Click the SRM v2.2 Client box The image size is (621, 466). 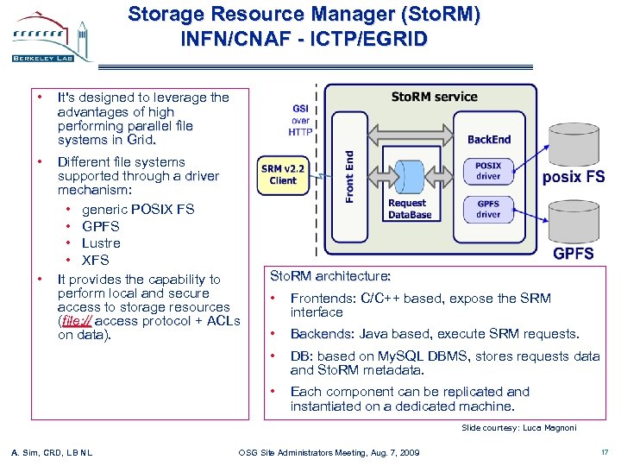click(x=282, y=174)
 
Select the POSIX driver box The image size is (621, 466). click(x=487, y=170)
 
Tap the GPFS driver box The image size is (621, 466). click(x=487, y=208)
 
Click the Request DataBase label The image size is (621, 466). click(x=409, y=209)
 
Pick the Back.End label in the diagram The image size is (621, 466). click(x=489, y=139)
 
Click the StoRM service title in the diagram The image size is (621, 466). click(x=434, y=97)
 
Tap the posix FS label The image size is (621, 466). click(x=574, y=177)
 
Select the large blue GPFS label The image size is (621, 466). click(x=574, y=254)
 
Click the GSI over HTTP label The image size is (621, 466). click(x=300, y=120)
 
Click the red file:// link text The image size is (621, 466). click(x=75, y=321)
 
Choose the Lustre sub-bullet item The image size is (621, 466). click(x=101, y=243)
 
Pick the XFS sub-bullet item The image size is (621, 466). click(x=95, y=260)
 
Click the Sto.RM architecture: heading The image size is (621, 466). click(x=330, y=276)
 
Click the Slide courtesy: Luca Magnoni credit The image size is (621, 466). click(x=518, y=428)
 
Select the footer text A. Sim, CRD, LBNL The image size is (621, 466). click(x=51, y=452)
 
